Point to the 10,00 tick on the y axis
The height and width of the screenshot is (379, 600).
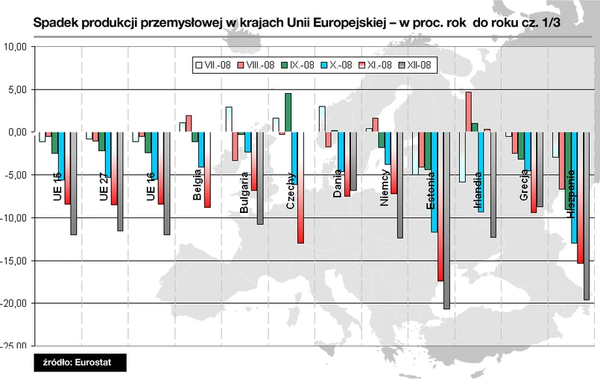coord(16,46)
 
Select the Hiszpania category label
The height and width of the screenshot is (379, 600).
coord(571,193)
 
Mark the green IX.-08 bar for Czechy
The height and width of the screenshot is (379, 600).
coord(288,112)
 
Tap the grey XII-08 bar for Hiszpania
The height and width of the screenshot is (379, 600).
coord(587,216)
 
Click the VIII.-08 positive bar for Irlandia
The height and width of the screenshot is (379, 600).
coord(468,112)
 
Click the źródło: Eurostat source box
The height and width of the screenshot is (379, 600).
coord(80,363)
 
